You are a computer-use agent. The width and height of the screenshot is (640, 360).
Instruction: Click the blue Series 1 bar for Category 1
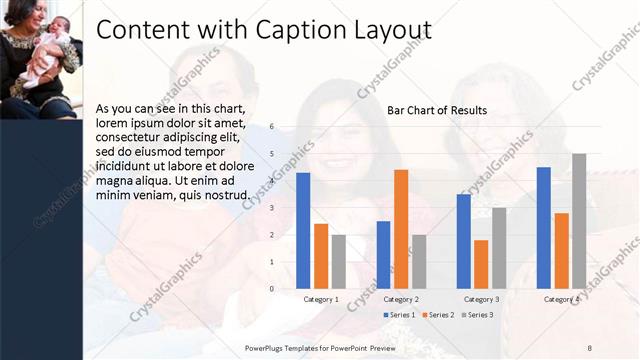tap(303, 231)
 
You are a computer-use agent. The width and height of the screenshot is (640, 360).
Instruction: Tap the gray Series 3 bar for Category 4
tap(578, 221)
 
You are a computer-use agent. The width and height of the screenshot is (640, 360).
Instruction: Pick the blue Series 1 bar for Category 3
tap(463, 241)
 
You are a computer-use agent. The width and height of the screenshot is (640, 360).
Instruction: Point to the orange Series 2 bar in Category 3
tap(481, 264)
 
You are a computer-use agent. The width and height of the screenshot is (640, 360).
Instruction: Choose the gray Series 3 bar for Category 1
tap(339, 262)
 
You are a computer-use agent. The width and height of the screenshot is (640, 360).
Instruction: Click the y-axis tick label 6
tap(272, 127)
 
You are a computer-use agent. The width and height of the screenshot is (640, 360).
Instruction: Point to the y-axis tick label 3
tap(272, 208)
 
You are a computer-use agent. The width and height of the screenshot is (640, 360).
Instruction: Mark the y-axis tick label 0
tap(272, 289)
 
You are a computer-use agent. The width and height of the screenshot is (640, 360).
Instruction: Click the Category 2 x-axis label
tap(400, 299)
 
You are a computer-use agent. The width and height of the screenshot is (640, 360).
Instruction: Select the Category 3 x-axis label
tap(481, 299)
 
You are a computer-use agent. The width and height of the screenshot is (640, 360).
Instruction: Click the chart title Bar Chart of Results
tap(437, 110)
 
